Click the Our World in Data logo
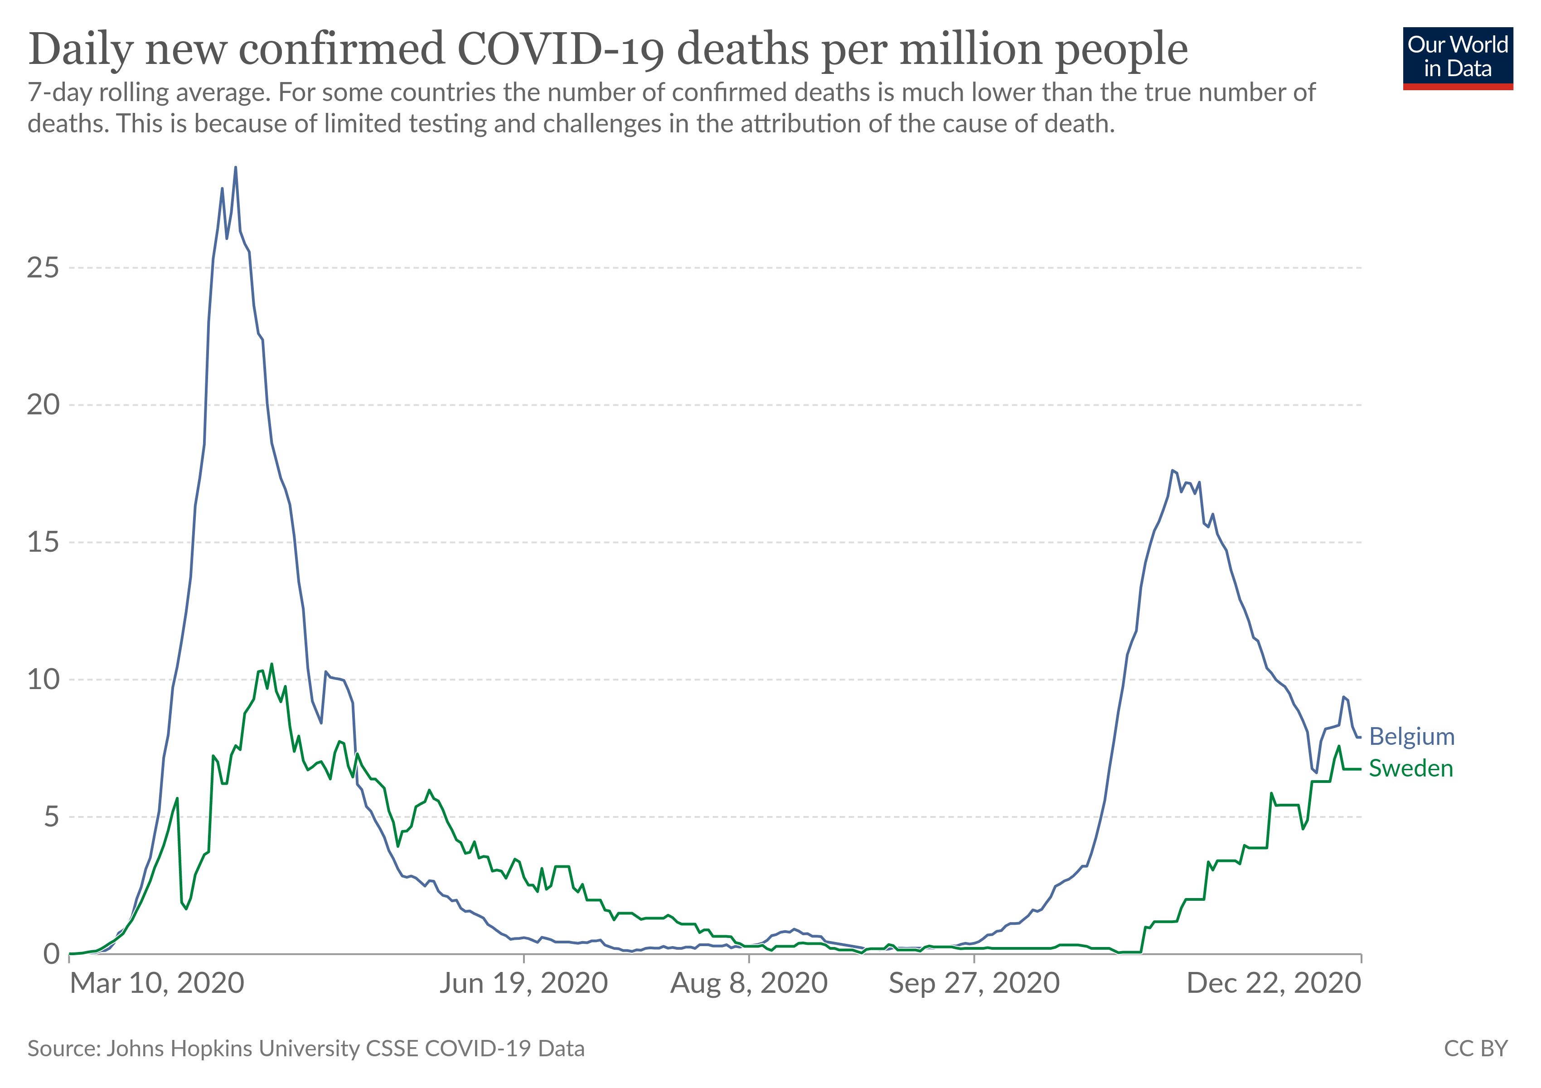[x=1457, y=58]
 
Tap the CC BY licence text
[x=1475, y=1049]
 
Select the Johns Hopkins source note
[x=306, y=1049]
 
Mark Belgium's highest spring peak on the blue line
[x=235, y=167]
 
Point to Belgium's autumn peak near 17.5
[x=1172, y=471]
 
